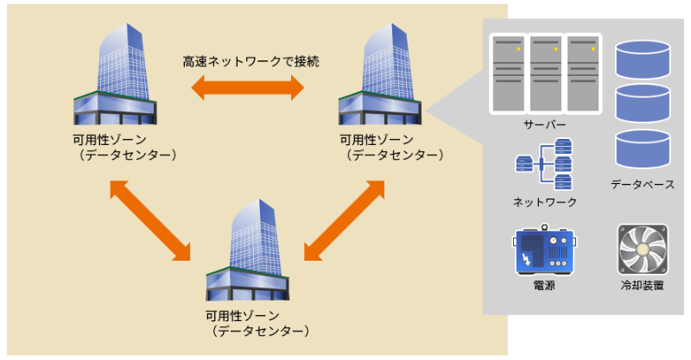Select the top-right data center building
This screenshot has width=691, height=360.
380,78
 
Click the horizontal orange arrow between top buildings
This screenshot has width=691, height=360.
248,87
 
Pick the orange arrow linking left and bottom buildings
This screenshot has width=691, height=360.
150,219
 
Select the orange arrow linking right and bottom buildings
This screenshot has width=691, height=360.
344,219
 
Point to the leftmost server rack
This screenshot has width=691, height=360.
508,73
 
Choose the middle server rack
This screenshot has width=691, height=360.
545,73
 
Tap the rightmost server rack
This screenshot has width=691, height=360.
582,73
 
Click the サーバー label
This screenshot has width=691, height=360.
545,126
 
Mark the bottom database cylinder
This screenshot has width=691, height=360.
643,148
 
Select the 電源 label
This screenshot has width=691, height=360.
544,284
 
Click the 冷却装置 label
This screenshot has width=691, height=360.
643,284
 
